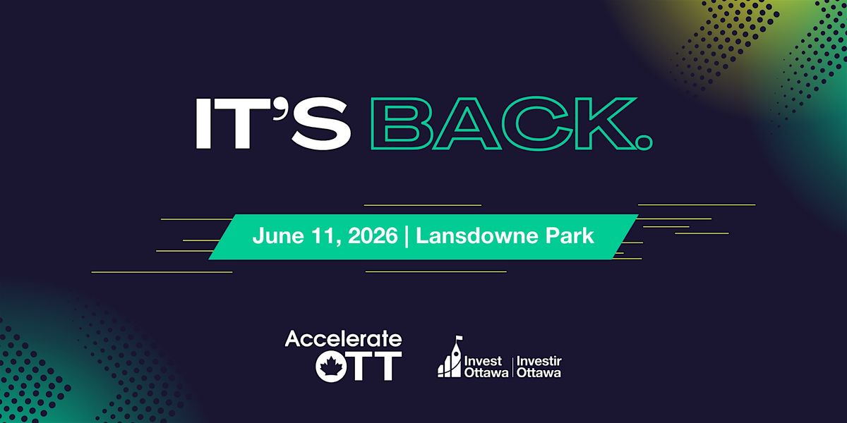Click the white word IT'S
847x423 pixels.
coord(273,123)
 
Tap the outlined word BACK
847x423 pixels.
coord(503,123)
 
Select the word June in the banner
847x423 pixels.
coord(278,236)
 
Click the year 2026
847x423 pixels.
coord(373,236)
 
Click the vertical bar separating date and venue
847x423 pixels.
coord(407,236)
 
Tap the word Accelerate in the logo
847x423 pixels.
coord(343,339)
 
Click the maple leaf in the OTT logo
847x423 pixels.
coord(332,367)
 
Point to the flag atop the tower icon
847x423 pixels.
coord(459,338)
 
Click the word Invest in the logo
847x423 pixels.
coord(483,361)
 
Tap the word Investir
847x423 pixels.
coord(539,361)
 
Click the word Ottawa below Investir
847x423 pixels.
coord(539,373)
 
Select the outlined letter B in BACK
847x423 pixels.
coord(400,123)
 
